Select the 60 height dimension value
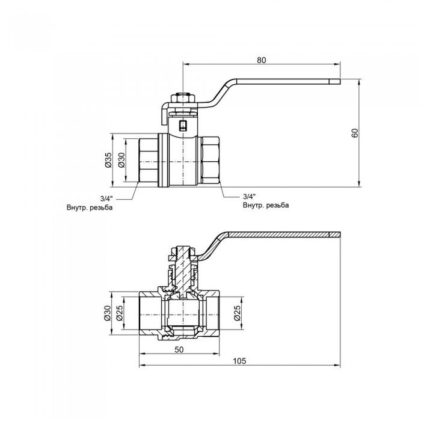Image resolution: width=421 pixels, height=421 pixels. [355, 134]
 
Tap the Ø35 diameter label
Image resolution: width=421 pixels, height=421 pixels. [108, 159]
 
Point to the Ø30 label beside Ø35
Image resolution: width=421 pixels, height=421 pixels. [121, 159]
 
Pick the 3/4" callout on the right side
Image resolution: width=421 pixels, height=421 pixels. [250, 196]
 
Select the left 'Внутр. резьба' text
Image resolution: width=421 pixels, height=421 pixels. [90, 207]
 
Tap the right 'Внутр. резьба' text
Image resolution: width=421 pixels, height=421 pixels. [265, 205]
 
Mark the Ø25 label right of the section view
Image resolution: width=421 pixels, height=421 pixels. [237, 312]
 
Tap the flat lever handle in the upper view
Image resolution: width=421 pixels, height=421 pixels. [283, 81]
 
